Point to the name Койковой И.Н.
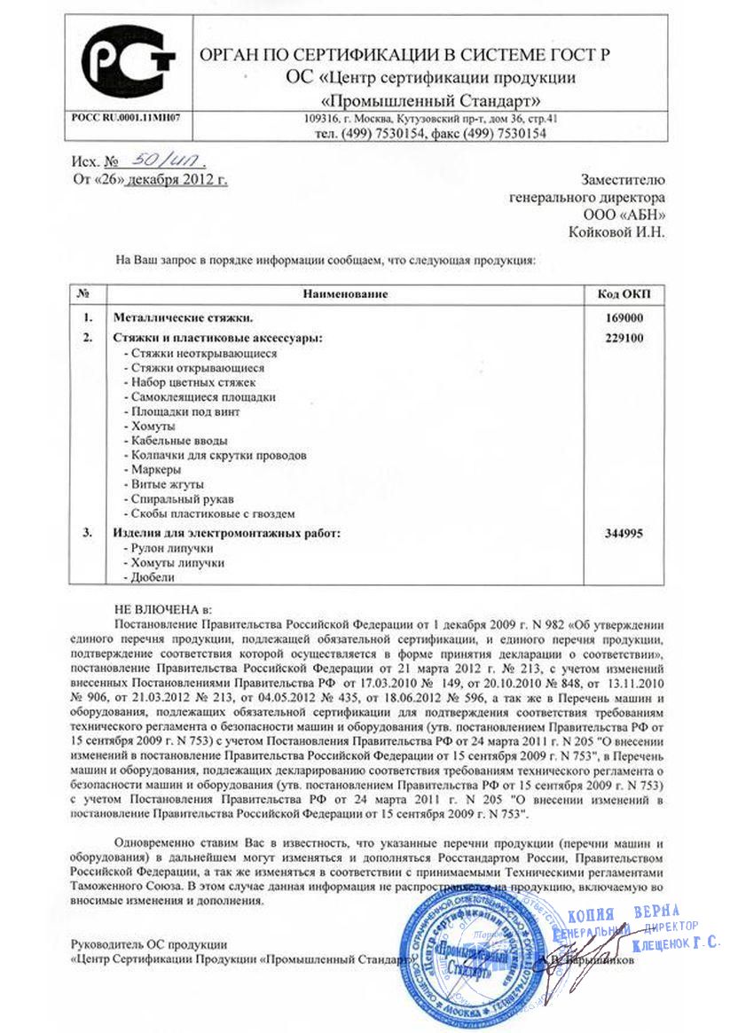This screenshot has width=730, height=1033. tap(616, 232)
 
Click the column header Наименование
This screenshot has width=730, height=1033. tap(345, 293)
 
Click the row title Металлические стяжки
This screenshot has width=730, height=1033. tap(181, 317)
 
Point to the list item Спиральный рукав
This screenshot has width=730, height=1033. tap(178, 499)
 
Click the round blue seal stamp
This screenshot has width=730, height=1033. tap(462, 959)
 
